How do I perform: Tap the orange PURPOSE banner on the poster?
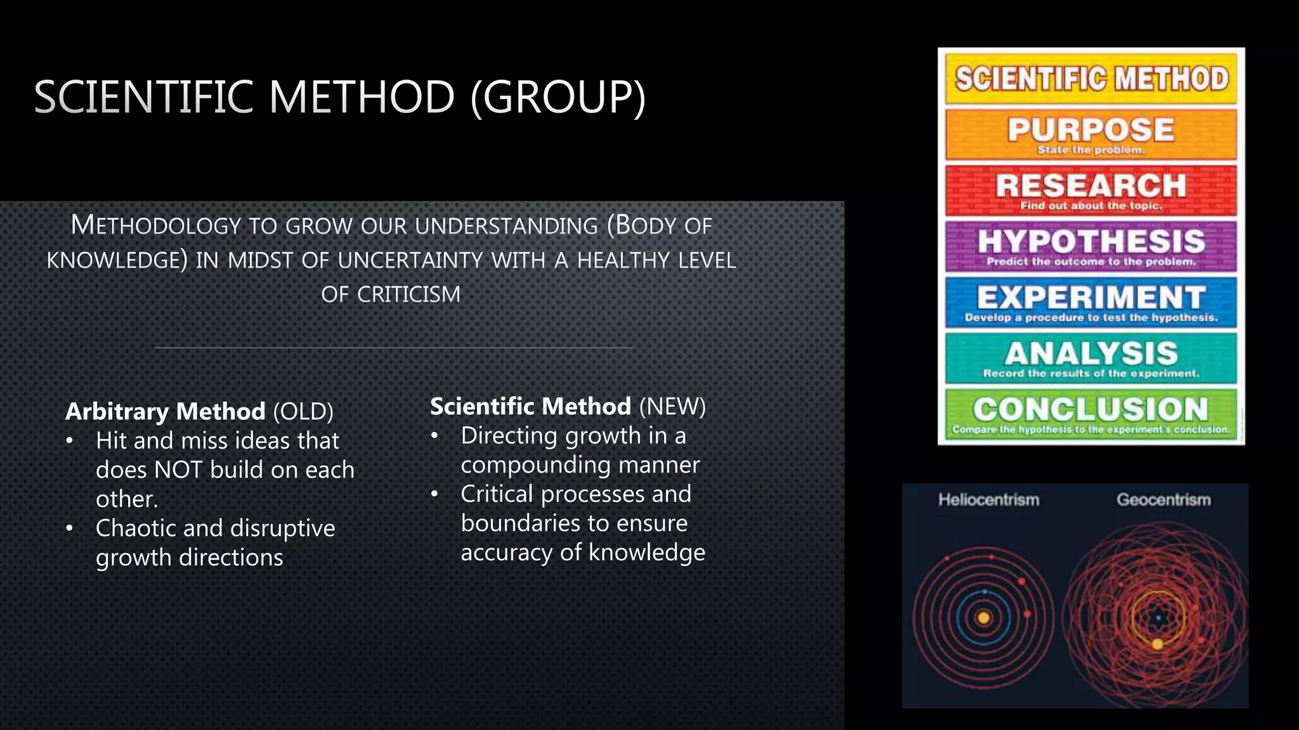(1091, 134)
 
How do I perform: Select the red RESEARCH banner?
(1091, 190)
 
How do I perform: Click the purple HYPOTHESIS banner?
(1091, 246)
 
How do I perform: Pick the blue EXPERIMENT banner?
(1091, 302)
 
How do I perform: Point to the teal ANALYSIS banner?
(1091, 358)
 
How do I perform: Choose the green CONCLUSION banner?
(1091, 414)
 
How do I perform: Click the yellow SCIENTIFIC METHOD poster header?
(1091, 79)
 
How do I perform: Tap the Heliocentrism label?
(989, 500)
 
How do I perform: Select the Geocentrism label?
(1163, 500)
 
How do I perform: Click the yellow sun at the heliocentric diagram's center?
(984, 618)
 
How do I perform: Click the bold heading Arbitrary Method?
(165, 411)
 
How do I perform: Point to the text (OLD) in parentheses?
(303, 411)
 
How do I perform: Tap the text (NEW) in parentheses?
(672, 406)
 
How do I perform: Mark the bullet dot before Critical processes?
(434, 495)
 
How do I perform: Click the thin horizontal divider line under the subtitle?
(393, 348)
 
